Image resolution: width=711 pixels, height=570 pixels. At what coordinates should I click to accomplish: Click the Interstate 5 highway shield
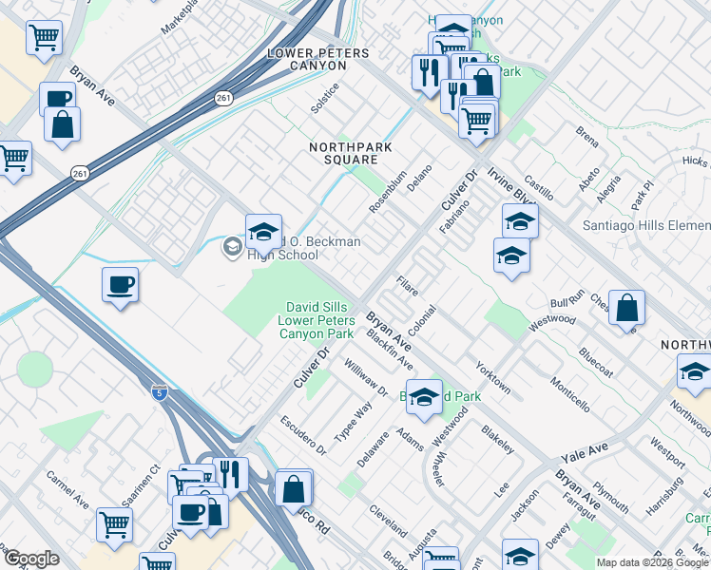(x=159, y=391)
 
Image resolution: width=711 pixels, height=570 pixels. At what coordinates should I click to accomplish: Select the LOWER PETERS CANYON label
(x=317, y=54)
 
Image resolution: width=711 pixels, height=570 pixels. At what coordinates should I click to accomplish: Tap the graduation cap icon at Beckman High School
(x=263, y=232)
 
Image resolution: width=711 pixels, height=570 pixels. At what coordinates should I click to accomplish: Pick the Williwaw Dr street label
(x=367, y=378)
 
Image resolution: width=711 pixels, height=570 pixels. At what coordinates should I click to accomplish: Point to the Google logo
(x=31, y=559)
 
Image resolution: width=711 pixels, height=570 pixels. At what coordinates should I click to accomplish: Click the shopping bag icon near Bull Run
(x=626, y=308)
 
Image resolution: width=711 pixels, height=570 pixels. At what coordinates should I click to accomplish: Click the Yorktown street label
(x=493, y=376)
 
